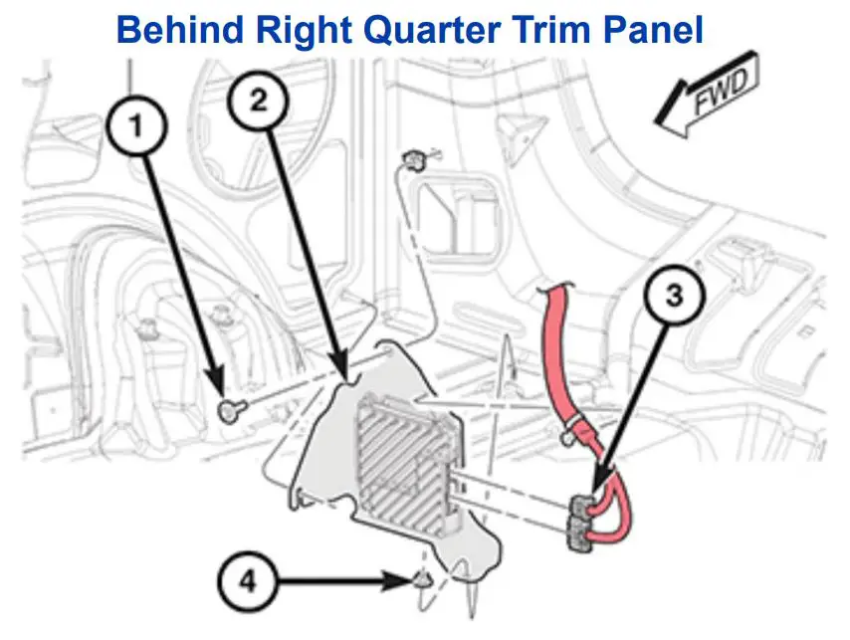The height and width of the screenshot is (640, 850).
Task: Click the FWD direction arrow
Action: pyautogui.click(x=708, y=99)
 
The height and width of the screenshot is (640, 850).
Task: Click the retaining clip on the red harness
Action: pyautogui.click(x=568, y=434)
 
